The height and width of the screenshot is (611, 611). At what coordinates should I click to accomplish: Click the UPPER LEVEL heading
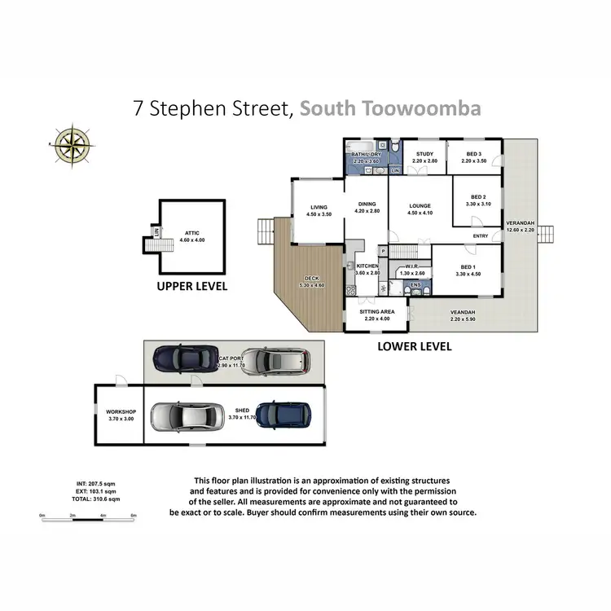(x=191, y=287)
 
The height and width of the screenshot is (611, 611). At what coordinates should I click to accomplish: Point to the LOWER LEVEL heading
(x=415, y=346)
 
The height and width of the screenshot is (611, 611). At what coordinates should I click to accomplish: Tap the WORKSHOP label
(x=120, y=412)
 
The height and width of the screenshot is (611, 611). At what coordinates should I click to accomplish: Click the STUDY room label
(x=424, y=154)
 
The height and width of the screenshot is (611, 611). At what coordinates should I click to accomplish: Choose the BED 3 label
(x=473, y=154)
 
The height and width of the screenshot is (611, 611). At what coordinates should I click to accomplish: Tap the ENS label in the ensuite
(x=416, y=285)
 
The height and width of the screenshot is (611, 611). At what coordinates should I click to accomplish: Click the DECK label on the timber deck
(x=312, y=278)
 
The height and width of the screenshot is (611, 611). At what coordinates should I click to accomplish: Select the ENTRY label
(x=481, y=236)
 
